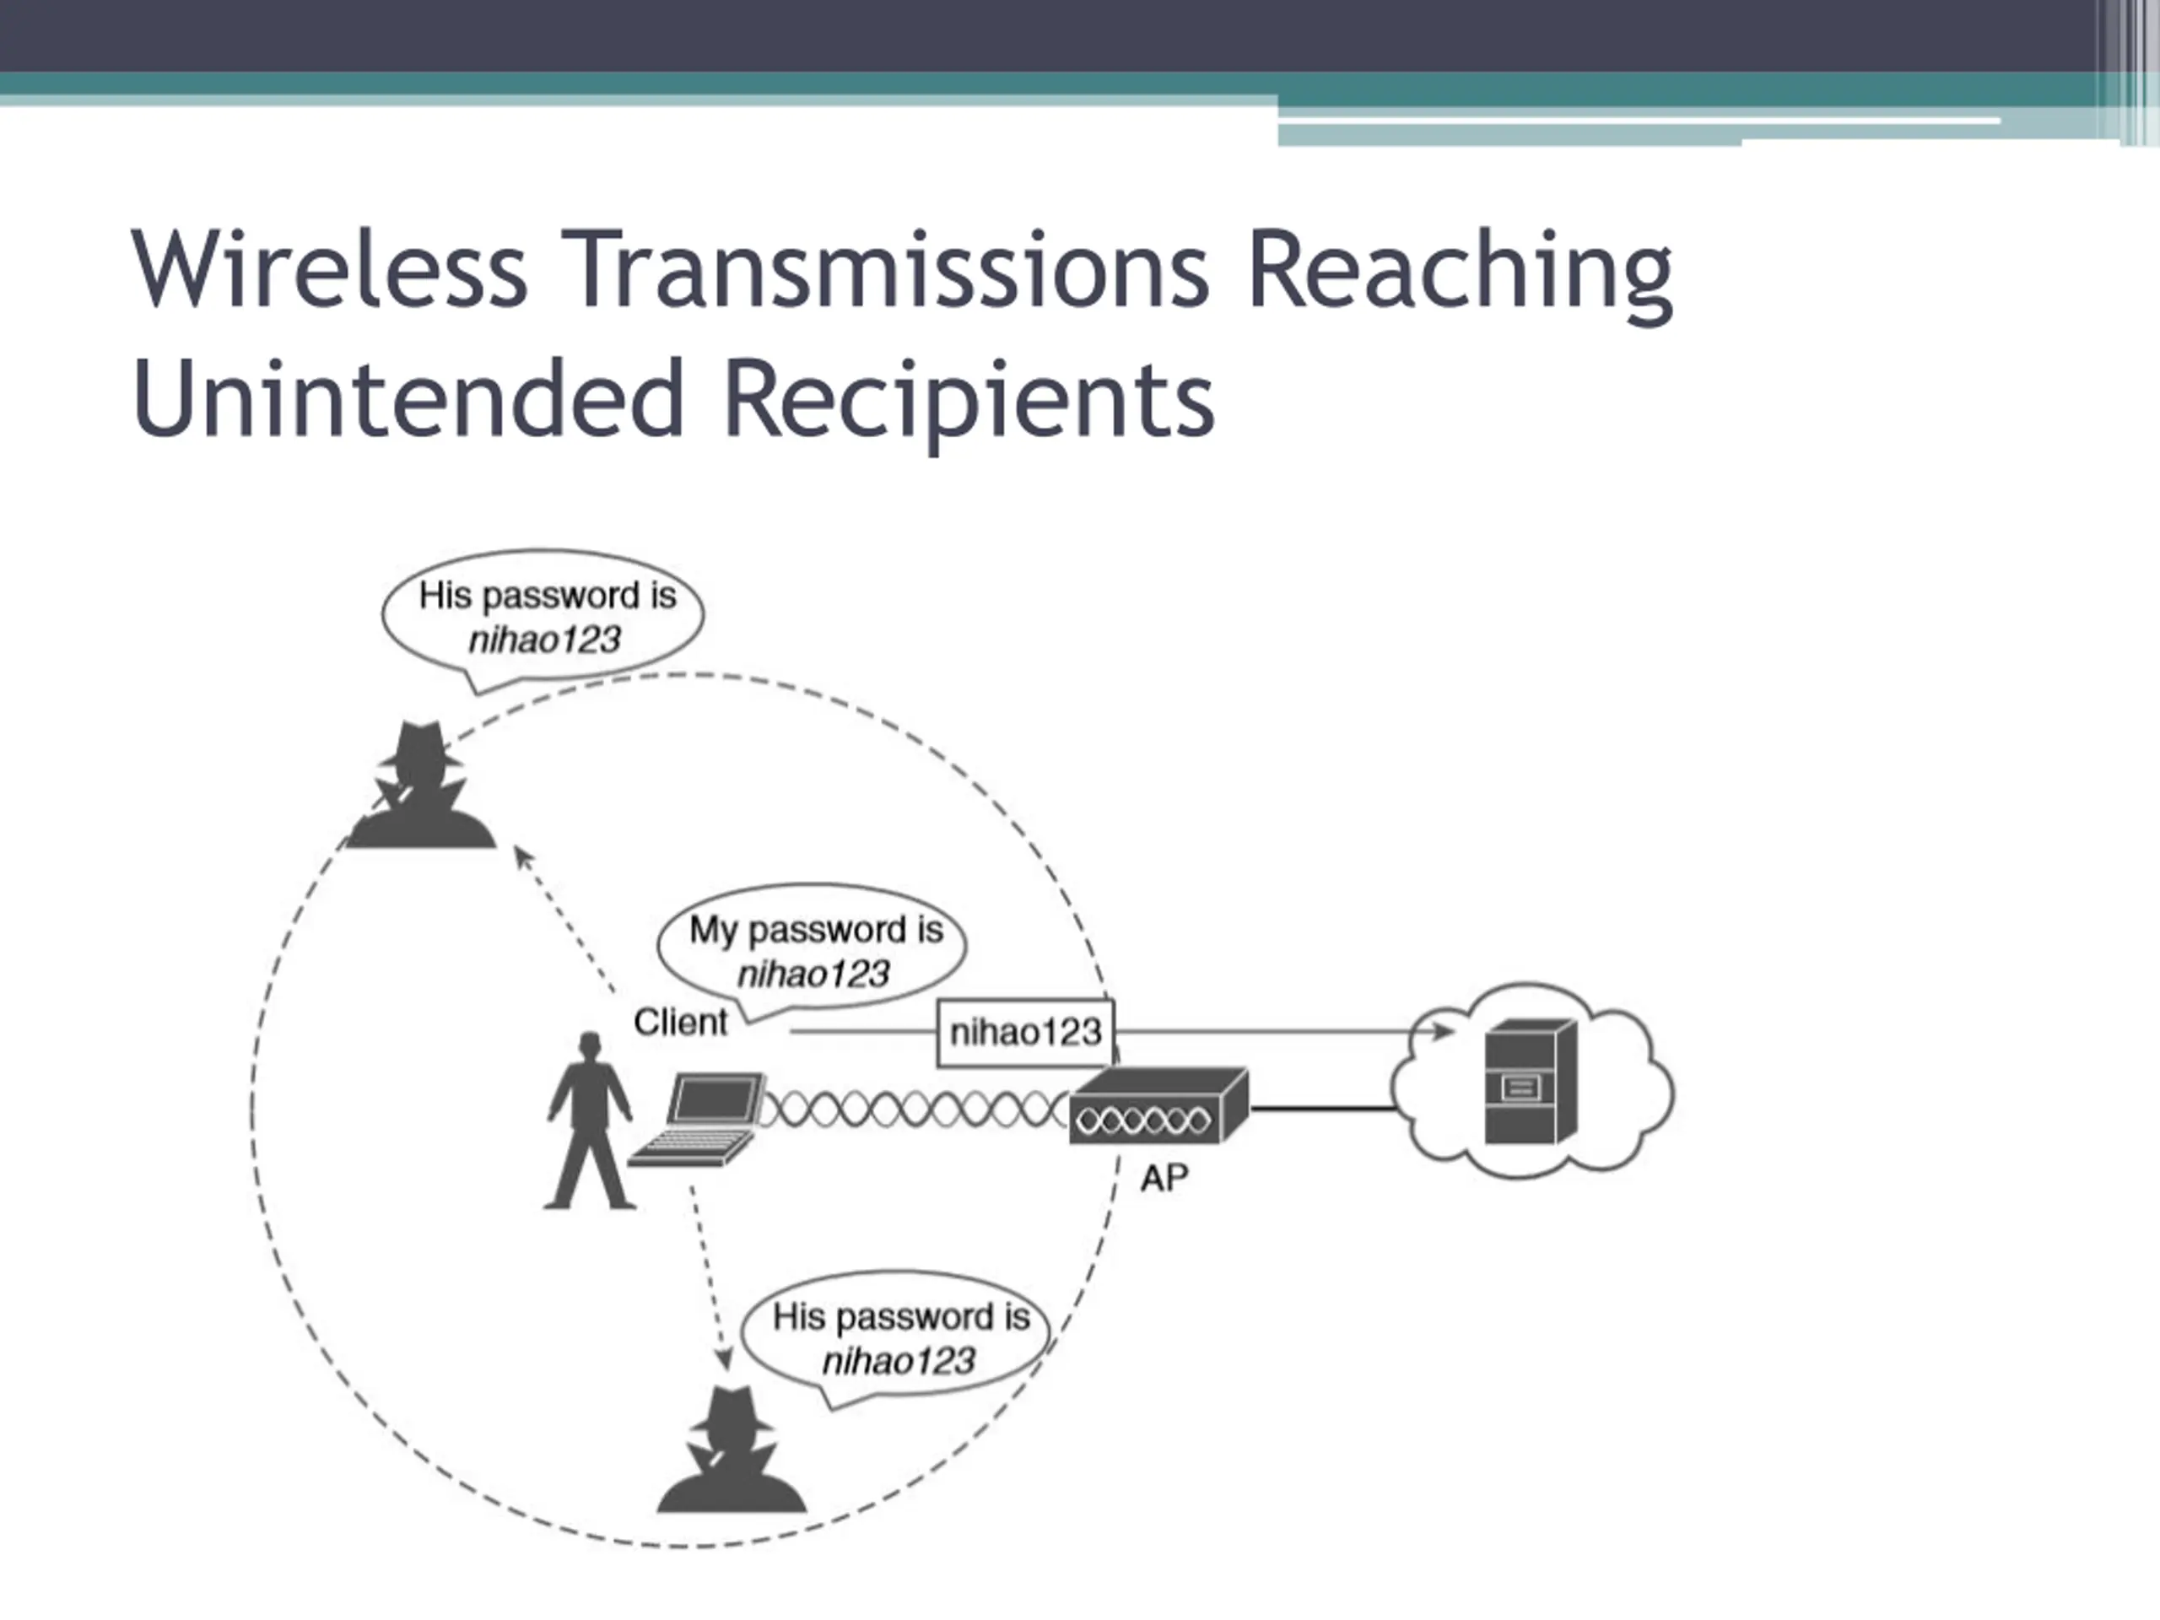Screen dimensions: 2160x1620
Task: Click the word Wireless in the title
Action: (329, 268)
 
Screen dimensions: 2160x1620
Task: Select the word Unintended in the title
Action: (408, 398)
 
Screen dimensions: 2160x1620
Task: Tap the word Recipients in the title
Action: (969, 398)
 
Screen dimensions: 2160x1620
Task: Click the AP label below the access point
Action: (1164, 1179)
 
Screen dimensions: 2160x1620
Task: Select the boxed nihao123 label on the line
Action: (1025, 1032)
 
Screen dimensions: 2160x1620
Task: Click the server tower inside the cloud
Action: (1529, 1081)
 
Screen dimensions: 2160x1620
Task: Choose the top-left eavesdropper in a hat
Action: (421, 786)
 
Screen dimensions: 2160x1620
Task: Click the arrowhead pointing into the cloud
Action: (1441, 1031)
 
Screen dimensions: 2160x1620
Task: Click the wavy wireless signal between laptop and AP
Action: (913, 1110)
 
